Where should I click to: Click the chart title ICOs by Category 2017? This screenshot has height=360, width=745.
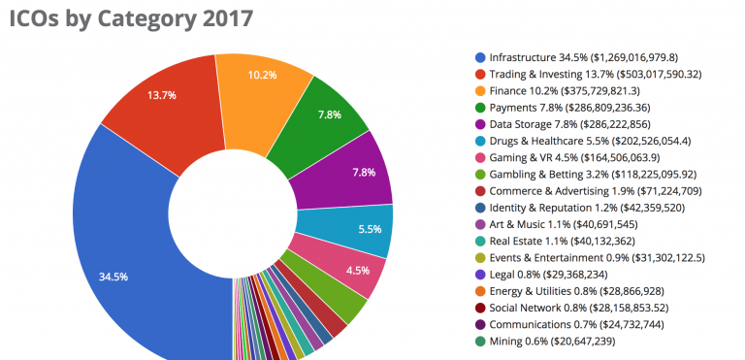pos(132,18)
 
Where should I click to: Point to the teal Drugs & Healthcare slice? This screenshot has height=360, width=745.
pos(364,229)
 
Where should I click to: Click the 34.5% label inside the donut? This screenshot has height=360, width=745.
pos(114,276)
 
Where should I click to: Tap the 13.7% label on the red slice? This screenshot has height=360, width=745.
pos(161,95)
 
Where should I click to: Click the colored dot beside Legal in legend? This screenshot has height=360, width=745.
pos(480,275)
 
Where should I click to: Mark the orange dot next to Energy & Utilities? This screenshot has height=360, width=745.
pos(480,291)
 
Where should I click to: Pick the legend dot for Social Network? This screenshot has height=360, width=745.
pos(480,308)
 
